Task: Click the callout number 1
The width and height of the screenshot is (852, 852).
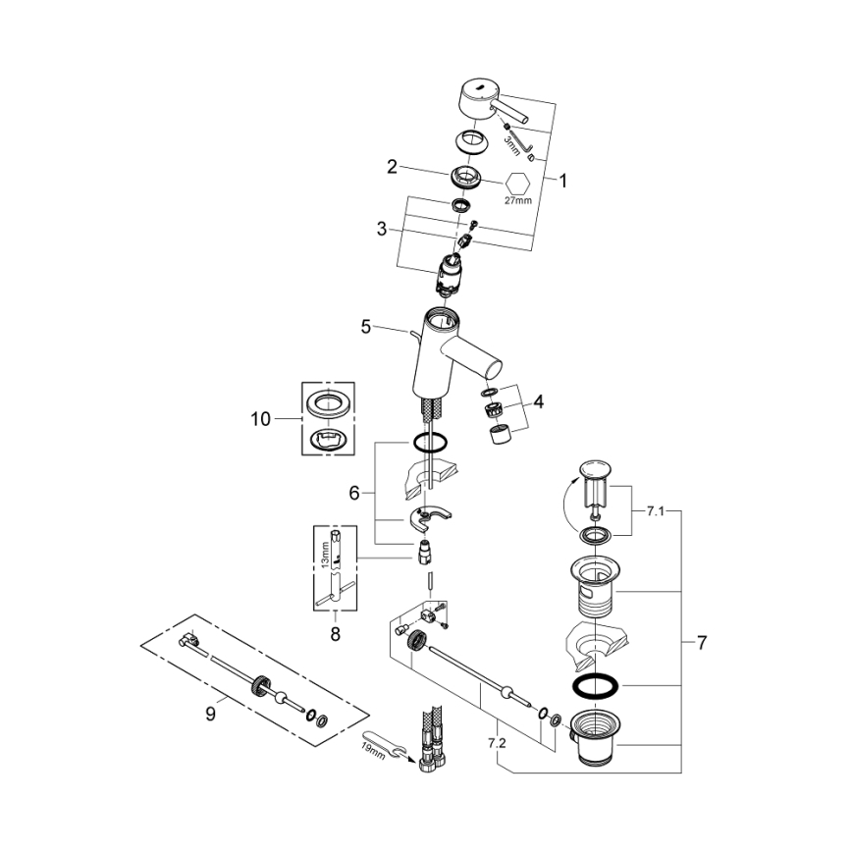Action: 563,181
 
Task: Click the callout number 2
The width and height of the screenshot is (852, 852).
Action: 391,168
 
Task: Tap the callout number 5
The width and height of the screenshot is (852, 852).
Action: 365,328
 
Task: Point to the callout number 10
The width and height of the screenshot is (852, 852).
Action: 259,419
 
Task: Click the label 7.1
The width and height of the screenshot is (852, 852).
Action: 656,511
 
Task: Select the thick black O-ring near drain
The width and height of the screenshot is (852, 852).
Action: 595,683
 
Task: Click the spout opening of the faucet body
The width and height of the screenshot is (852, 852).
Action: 495,370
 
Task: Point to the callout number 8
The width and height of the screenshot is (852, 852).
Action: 334,635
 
